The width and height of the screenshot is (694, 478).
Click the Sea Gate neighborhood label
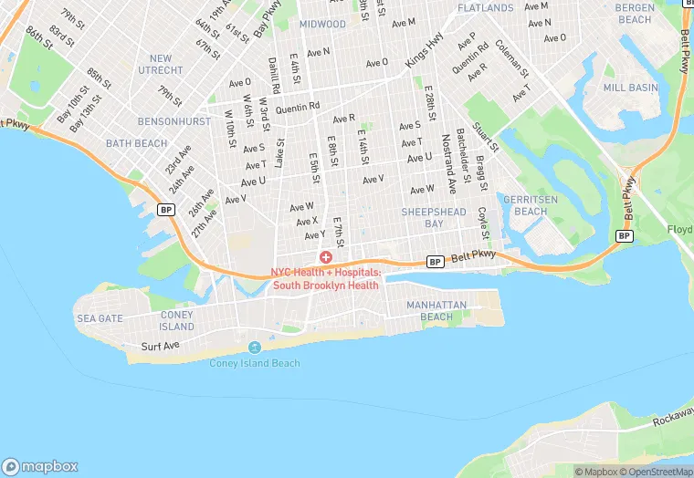[x=100, y=318]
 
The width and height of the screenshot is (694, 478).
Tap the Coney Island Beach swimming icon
[x=255, y=348]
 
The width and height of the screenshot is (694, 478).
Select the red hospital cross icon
[x=325, y=258]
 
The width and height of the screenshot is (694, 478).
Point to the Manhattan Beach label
[x=436, y=311]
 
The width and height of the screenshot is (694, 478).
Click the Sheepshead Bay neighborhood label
[x=435, y=217]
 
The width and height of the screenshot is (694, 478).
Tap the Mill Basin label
[x=630, y=88]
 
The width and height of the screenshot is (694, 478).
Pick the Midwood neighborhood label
[x=322, y=24]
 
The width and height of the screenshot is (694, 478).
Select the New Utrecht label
[x=161, y=64]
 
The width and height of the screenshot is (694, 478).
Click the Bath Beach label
[x=136, y=143]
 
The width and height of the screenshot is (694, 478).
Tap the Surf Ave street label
[x=162, y=347]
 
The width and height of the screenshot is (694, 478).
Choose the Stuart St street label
[x=486, y=131]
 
